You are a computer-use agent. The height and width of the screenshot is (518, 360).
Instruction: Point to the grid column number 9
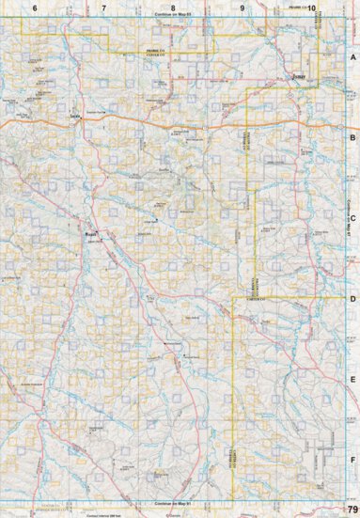(243, 7)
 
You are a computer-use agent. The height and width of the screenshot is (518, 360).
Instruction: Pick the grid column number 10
(311, 7)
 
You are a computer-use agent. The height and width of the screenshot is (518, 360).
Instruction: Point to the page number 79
(352, 510)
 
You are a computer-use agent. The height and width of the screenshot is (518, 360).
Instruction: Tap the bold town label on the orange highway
(74, 118)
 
